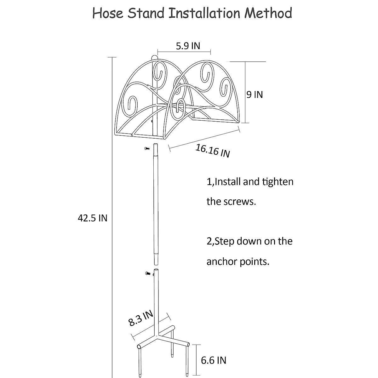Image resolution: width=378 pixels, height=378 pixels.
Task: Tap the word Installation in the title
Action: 198,13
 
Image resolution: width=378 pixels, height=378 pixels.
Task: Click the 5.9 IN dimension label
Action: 188,46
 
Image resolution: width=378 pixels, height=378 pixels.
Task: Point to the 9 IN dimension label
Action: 255,94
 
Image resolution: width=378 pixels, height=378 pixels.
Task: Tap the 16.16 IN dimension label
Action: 213,151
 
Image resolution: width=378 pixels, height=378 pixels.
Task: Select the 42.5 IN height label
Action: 93,218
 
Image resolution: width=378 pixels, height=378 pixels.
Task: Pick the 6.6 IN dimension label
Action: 214,360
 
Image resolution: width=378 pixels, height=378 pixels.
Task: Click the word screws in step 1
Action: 241,202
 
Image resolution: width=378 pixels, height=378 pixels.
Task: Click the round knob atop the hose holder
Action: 154,58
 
